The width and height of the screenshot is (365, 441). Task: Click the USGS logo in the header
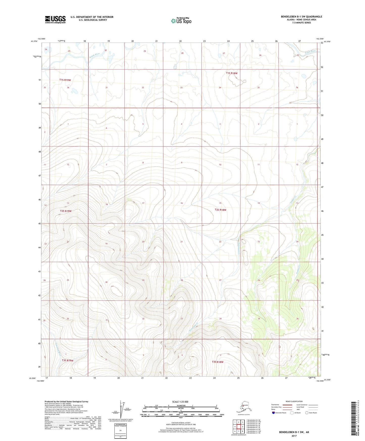pyautogui.click(x=55, y=19)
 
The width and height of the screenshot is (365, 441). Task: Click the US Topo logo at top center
pyautogui.click(x=181, y=21)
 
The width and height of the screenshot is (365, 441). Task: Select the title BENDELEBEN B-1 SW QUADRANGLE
pyautogui.click(x=301, y=17)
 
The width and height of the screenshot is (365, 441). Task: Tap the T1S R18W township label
pyautogui.click(x=232, y=73)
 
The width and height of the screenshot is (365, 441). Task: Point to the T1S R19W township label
pyautogui.click(x=65, y=80)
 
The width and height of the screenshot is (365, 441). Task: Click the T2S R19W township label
pyautogui.click(x=66, y=211)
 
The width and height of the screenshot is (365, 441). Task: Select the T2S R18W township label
pyautogui.click(x=221, y=210)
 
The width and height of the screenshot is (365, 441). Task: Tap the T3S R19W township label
pyautogui.click(x=67, y=360)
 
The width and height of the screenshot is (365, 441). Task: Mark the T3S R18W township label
pyautogui.click(x=217, y=362)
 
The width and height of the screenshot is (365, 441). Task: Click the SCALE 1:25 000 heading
pyautogui.click(x=180, y=402)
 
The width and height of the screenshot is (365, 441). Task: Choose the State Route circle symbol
pyautogui.click(x=307, y=413)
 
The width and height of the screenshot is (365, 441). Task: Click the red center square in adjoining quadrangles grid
pyautogui.click(x=238, y=427)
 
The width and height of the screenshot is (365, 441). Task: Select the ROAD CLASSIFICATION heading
pyautogui.click(x=294, y=401)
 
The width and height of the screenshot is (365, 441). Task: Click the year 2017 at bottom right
pyautogui.click(x=294, y=436)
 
